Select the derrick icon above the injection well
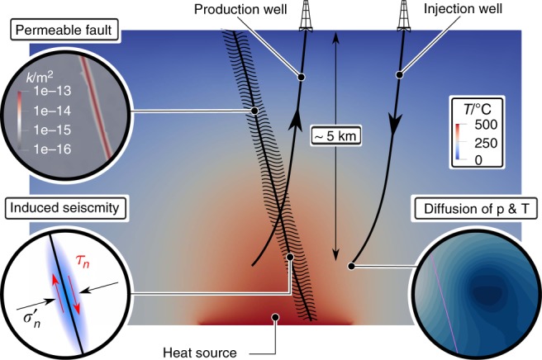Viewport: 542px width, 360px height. [406, 15]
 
